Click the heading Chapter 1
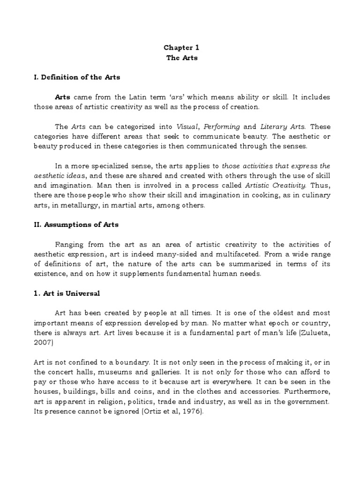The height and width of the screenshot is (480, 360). [178, 48]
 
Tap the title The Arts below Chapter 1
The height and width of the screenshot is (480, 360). [178, 58]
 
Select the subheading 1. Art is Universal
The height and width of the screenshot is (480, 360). [67, 294]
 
